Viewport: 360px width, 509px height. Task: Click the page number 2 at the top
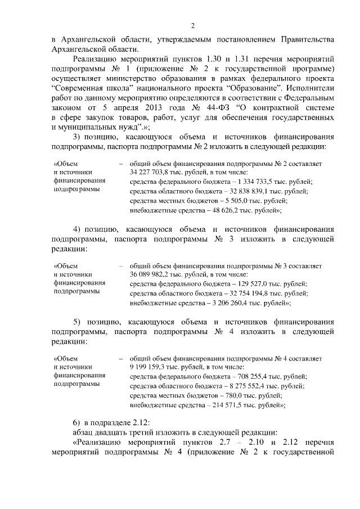tap(192, 25)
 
